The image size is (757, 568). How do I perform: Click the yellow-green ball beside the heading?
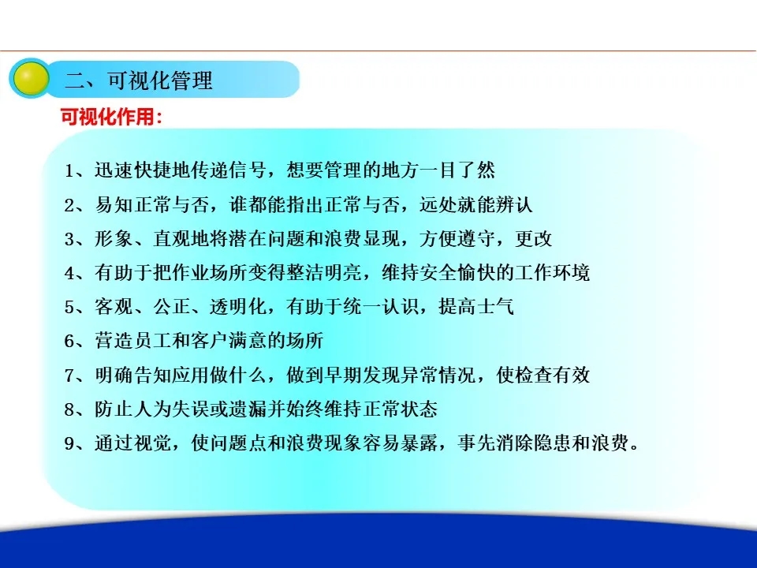click(x=31, y=78)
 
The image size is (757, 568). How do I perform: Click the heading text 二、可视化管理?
click(x=139, y=80)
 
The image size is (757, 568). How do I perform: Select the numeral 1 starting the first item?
click(x=69, y=171)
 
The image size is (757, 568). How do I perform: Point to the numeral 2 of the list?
click(x=69, y=205)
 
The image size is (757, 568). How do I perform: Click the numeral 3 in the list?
click(x=69, y=239)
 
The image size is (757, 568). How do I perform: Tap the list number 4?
click(x=69, y=274)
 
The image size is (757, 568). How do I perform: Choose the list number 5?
click(x=69, y=307)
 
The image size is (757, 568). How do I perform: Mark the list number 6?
click(x=69, y=342)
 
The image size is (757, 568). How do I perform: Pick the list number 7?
click(x=69, y=376)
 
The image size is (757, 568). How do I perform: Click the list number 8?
click(x=69, y=409)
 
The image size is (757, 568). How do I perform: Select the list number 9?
click(x=69, y=443)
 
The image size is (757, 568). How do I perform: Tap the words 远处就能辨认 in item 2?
click(x=476, y=204)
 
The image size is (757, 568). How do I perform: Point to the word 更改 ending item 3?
click(x=534, y=238)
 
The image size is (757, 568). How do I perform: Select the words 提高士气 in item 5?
click(x=476, y=306)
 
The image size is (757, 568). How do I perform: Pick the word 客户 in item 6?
click(x=210, y=341)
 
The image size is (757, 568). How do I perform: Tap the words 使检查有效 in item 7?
click(x=543, y=374)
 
